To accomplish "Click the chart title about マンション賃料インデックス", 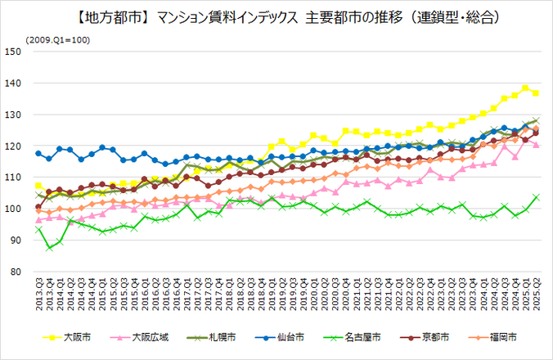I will click(x=276, y=16).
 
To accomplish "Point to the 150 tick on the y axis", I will click(x=12, y=52).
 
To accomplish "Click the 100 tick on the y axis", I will click(x=12, y=209).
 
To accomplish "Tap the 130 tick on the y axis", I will click(x=12, y=115).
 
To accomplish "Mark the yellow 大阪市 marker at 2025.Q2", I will click(x=536, y=93).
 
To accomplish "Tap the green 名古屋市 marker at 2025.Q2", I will click(x=536, y=197).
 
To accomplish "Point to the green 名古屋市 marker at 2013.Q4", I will click(x=49, y=247).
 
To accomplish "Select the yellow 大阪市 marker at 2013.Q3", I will click(x=38, y=186).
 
